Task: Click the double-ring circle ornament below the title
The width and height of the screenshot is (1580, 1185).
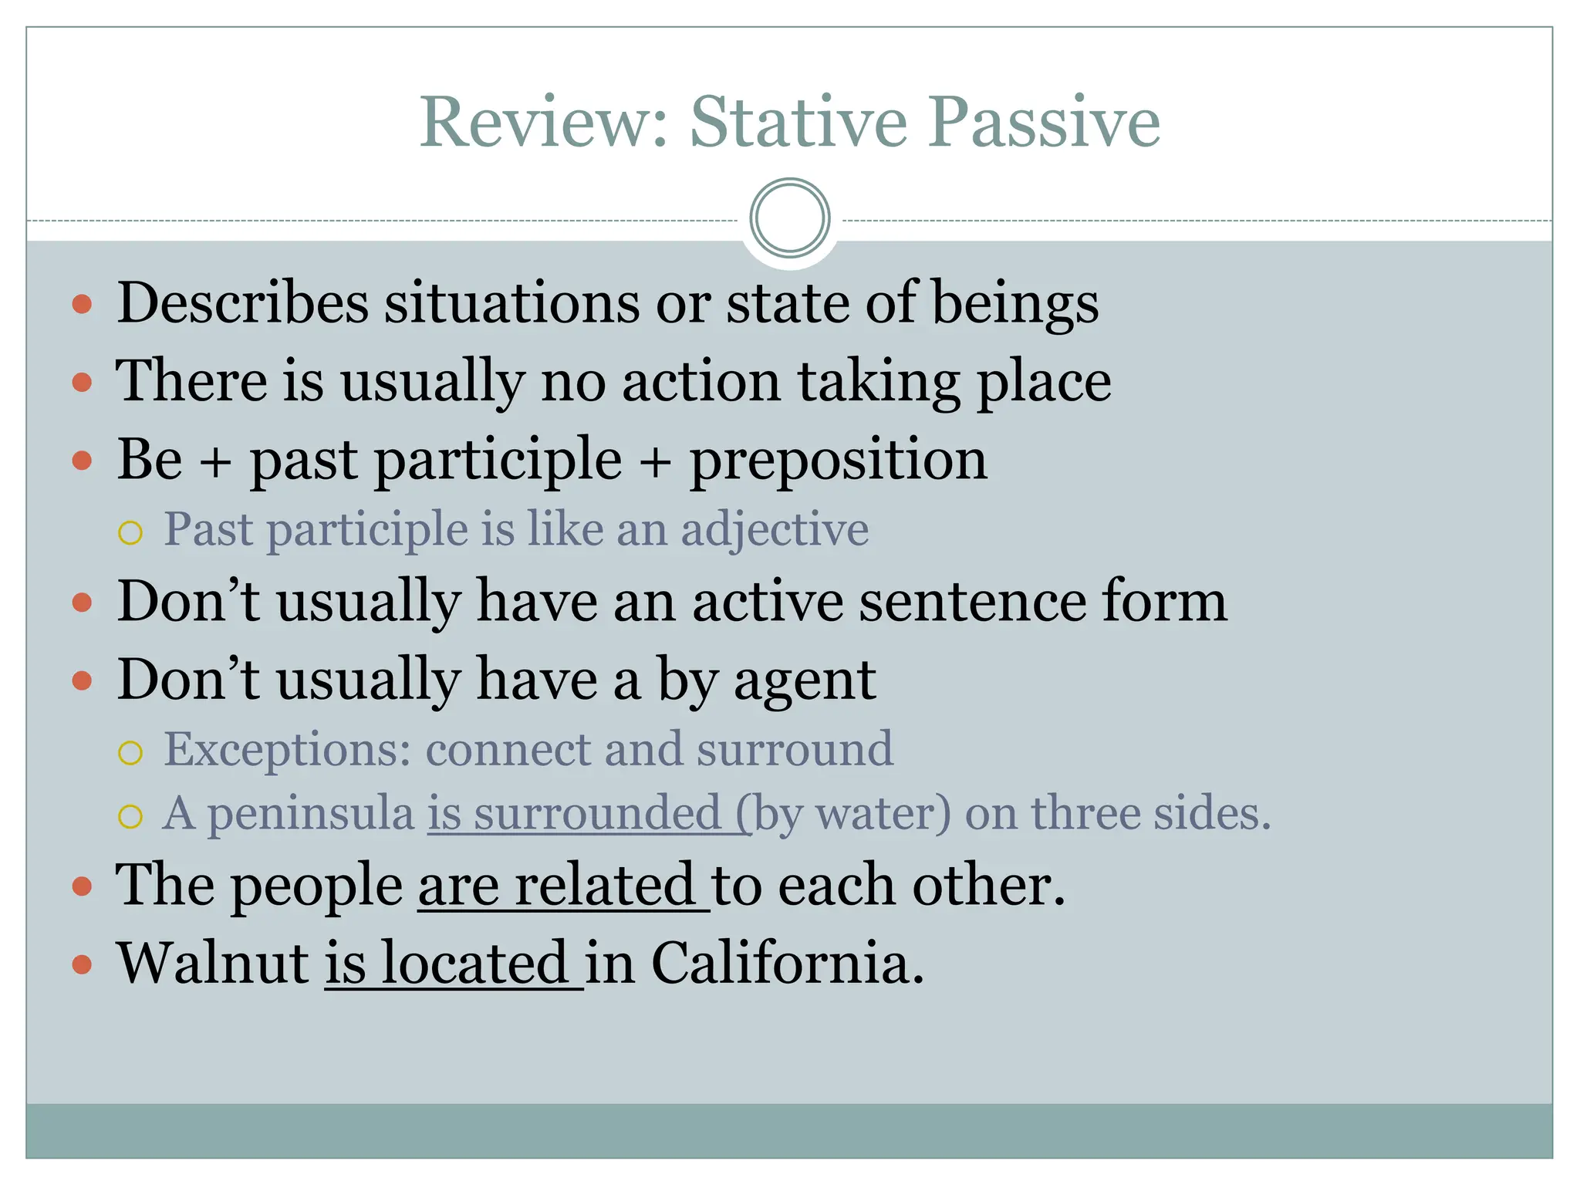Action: [789, 218]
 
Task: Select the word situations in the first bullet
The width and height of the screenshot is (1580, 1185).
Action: [511, 302]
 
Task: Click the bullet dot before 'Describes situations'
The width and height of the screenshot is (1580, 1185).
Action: [82, 303]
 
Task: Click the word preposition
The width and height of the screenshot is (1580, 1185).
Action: [838, 460]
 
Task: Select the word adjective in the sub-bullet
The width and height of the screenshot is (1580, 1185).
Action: [775, 530]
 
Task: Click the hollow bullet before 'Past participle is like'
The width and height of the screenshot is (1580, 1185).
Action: [130, 532]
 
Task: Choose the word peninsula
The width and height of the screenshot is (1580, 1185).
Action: [311, 814]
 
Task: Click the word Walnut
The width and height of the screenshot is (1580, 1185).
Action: [212, 964]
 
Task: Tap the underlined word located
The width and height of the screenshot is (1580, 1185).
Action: [474, 964]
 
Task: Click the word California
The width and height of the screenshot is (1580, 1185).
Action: [787, 964]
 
